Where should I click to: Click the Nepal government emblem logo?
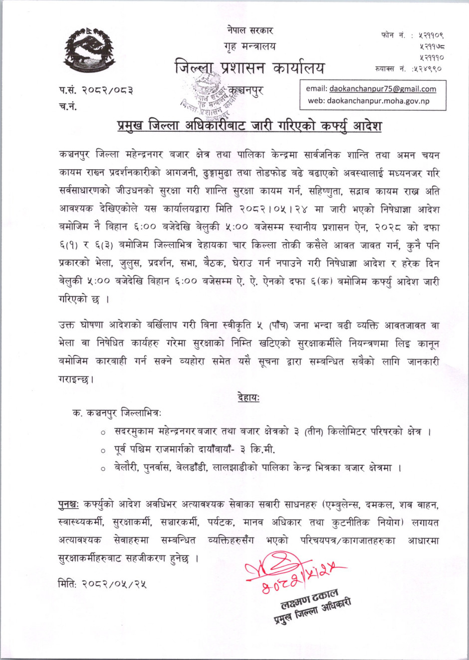click(89, 50)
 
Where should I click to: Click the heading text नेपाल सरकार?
click(249, 31)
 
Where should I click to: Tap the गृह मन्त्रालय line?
click(249, 46)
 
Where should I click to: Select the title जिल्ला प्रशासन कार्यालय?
click(249, 67)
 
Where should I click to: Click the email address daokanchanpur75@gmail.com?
click(382, 89)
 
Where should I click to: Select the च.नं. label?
click(68, 106)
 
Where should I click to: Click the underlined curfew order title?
click(249, 125)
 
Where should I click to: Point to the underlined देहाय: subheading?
click(248, 397)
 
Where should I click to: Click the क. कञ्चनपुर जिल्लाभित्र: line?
click(117, 414)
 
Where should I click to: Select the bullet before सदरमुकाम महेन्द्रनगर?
click(103, 432)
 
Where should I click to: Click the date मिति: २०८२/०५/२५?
click(102, 584)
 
